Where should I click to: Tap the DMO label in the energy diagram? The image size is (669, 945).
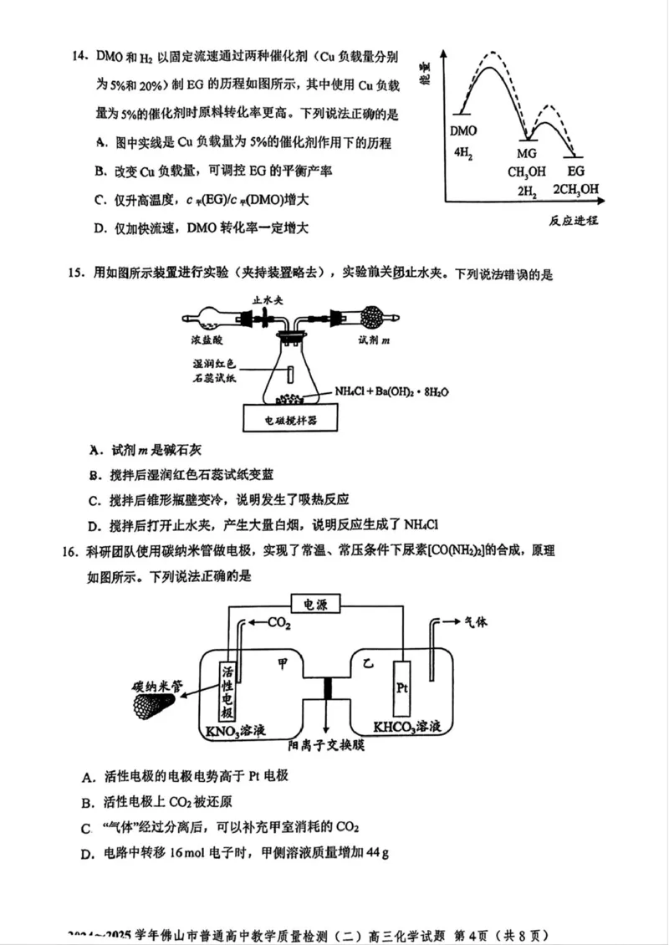pos(463,131)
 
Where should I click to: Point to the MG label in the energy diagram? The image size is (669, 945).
pos(526,154)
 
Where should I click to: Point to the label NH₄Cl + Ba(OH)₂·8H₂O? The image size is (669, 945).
pos(386,391)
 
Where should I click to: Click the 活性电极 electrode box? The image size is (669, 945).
pos(227,692)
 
